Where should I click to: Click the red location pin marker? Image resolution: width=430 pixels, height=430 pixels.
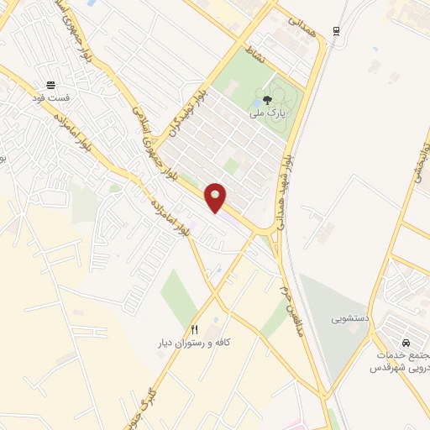pyautogui.click(x=217, y=197)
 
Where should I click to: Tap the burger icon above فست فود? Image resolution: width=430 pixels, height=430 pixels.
pyautogui.click(x=51, y=85)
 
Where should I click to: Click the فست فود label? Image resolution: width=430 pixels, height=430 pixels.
pyautogui.click(x=52, y=98)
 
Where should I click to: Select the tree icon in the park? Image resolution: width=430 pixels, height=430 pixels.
pyautogui.click(x=268, y=98)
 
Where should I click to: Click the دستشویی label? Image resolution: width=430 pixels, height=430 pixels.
pyautogui.click(x=348, y=319)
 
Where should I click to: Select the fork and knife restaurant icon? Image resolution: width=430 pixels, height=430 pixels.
pyautogui.click(x=195, y=330)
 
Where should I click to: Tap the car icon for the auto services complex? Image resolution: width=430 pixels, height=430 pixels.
pyautogui.click(x=406, y=343)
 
